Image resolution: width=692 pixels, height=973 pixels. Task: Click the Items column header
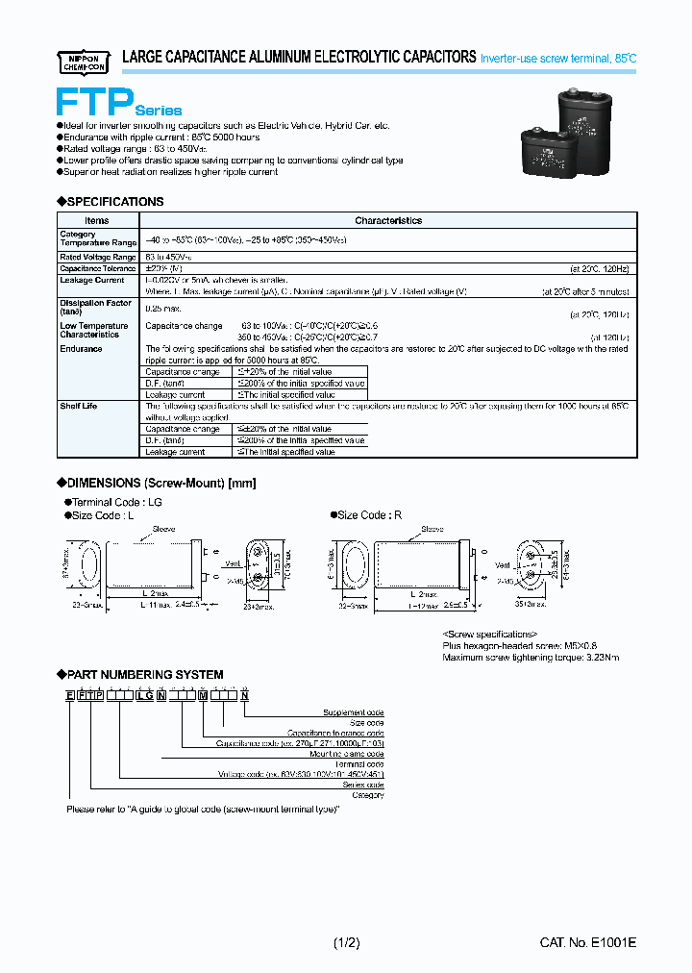click(97, 220)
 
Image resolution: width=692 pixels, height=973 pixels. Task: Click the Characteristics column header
click(388, 220)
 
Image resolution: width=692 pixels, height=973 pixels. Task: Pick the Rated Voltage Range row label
click(98, 257)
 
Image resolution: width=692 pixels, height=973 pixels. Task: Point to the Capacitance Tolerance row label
click(98, 269)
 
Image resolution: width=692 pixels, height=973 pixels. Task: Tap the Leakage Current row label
click(92, 280)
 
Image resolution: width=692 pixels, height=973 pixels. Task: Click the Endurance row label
click(82, 349)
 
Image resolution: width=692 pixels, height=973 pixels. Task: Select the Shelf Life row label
click(79, 406)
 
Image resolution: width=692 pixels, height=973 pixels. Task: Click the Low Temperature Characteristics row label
click(94, 330)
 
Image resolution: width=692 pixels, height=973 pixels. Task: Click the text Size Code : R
click(369, 514)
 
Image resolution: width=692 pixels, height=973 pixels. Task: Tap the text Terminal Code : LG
click(114, 501)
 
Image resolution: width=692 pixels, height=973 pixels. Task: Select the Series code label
click(363, 786)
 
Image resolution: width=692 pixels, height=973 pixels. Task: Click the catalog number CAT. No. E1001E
click(588, 943)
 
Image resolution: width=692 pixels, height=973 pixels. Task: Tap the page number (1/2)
click(346, 943)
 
